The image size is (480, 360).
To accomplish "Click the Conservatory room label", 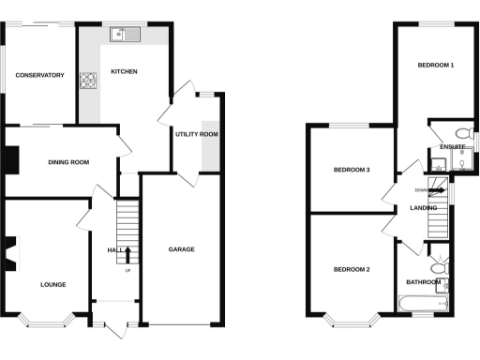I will click(x=38, y=75).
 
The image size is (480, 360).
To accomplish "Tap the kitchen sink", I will click(x=123, y=36).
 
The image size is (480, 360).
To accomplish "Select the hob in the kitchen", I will click(x=89, y=81).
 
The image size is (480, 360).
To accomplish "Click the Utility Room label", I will click(x=196, y=135).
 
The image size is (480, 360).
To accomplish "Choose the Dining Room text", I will click(x=68, y=162).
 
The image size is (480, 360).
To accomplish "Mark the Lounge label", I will click(x=52, y=283).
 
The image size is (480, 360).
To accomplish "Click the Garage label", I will click(x=181, y=249).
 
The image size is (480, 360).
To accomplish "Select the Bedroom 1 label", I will click(x=436, y=66).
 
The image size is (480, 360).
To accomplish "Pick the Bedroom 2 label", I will click(x=352, y=270).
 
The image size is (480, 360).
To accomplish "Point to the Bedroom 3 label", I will click(x=352, y=170).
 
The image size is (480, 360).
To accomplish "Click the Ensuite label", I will click(x=452, y=147).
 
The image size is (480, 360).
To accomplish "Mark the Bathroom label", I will click(x=423, y=282).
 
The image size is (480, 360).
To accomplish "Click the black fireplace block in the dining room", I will click(x=11, y=161).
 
